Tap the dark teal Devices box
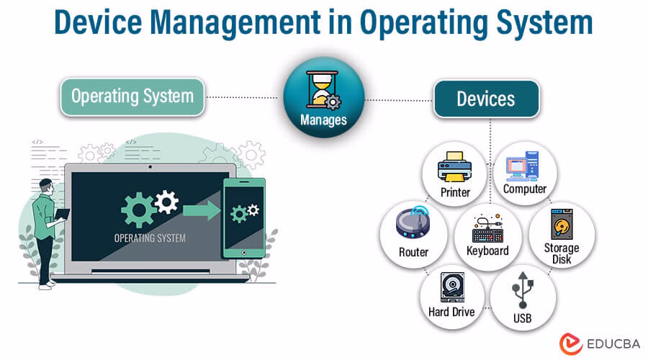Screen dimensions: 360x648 486,99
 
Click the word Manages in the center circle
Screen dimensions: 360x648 323,120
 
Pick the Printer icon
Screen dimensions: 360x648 454,171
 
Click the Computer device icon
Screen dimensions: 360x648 524,167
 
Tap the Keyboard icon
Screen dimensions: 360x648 487,230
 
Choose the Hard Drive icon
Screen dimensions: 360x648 452,291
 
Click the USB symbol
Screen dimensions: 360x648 523,291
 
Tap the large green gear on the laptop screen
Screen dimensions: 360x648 138,210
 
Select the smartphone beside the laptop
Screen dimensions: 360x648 244,218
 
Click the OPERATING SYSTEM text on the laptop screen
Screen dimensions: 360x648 150,238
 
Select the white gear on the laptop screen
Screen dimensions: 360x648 166,201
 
